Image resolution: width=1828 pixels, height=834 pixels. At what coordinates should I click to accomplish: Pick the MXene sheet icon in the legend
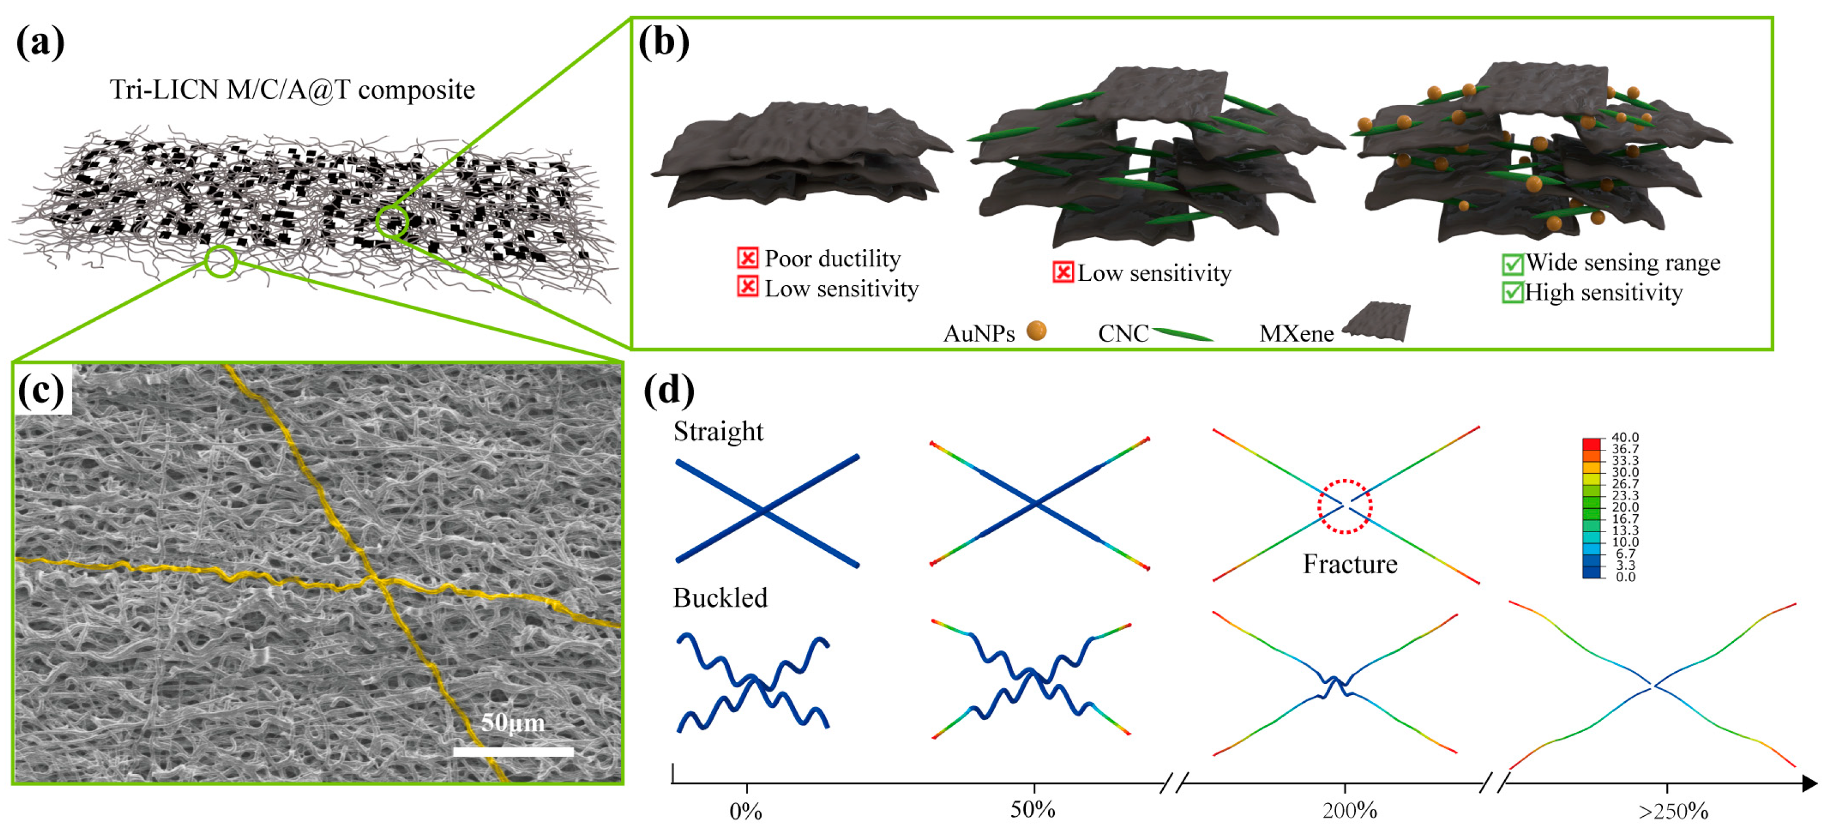coord(1377,321)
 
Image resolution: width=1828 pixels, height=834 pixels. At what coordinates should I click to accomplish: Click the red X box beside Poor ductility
coord(747,257)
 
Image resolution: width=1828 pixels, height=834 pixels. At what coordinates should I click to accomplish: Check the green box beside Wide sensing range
coord(1512,264)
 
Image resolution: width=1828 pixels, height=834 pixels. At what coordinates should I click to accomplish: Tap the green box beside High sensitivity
coord(1512,292)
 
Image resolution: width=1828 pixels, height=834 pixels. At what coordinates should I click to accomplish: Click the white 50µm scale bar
coord(513,751)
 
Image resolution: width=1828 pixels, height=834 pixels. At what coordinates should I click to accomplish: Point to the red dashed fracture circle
coord(1345,505)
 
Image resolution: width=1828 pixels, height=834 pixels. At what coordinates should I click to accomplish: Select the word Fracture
coord(1350,564)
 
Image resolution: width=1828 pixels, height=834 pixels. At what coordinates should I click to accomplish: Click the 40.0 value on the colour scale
coord(1625,438)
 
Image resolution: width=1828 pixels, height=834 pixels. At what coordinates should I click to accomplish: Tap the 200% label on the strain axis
coord(1349,811)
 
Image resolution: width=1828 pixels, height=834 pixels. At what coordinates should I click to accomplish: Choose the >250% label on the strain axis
coord(1673,811)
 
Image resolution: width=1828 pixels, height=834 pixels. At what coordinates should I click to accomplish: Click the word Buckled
coord(720,598)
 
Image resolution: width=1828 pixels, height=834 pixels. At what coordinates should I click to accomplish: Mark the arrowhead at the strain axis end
coord(1809,783)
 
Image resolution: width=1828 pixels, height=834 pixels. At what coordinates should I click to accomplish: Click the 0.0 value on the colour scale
coord(1625,577)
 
